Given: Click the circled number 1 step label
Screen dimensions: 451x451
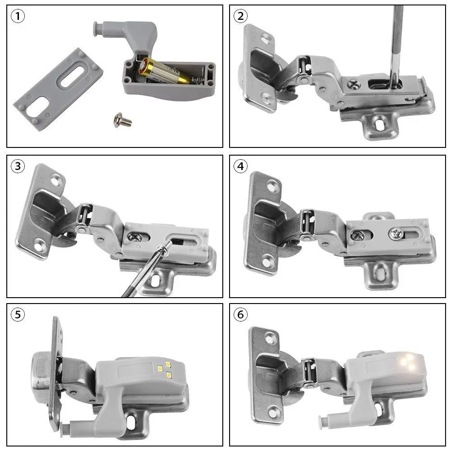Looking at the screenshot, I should coord(18,17).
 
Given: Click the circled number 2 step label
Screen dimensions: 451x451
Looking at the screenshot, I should coord(240,17).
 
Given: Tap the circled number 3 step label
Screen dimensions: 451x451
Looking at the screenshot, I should coord(18,166).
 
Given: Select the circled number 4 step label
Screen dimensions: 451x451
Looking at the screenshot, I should coord(240,166).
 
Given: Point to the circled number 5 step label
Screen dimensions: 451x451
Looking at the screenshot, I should coord(18,314).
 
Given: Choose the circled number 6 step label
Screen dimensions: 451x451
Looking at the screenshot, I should coord(240,314).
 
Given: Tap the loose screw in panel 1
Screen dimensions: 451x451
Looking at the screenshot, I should coord(122,120).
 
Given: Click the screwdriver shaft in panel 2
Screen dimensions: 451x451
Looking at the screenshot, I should coord(396,41).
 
